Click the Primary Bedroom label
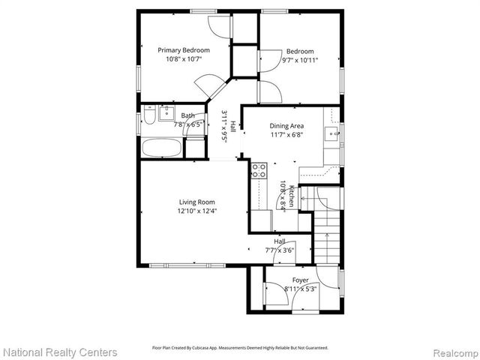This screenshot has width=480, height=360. tap(183, 50)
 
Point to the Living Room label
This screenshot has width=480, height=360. tap(196, 202)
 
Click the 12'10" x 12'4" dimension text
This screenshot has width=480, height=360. tap(196, 211)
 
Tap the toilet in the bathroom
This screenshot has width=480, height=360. tap(149, 116)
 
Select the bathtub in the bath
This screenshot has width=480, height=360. tap(161, 148)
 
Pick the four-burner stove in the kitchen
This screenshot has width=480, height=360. tap(259, 170)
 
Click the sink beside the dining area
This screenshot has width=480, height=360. tap(331, 136)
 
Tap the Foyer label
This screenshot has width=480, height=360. tap(301, 280)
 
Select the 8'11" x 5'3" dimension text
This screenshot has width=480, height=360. tap(301, 289)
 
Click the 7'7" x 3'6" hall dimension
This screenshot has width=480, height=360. tap(280, 250)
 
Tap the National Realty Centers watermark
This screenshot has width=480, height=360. tap(60, 352)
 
